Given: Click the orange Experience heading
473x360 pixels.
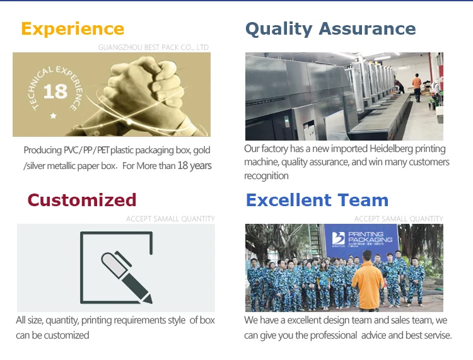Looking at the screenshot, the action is (73, 29).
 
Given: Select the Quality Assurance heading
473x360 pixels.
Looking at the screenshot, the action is (330, 29).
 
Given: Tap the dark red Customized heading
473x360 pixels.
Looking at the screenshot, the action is (82, 200).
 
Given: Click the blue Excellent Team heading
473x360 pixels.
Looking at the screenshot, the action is (317, 200).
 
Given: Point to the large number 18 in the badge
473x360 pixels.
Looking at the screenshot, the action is (55, 91).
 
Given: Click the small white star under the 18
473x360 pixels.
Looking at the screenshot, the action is (54, 115).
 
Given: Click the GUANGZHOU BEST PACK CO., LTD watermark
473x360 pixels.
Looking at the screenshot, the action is (153, 47).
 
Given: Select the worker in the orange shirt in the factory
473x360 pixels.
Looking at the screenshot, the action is (417, 88).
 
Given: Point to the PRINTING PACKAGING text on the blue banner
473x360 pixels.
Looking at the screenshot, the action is (370, 236).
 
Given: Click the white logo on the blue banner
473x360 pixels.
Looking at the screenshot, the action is (338, 238).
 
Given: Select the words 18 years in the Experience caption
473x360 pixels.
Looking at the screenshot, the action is (195, 166).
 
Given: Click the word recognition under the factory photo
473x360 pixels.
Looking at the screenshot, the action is (266, 176).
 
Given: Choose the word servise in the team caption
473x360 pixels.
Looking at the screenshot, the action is (436, 335).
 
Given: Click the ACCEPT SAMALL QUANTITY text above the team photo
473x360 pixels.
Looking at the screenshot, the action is (399, 219).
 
